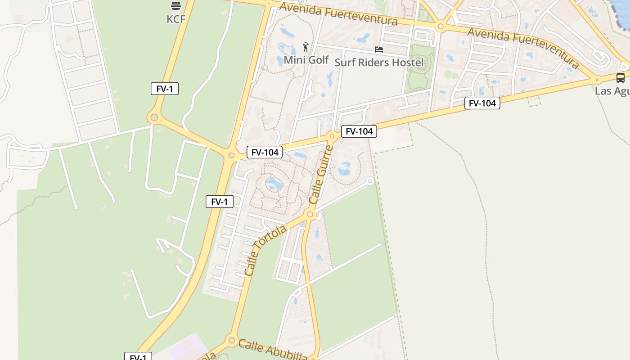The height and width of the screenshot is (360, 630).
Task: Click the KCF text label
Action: pyautogui.click(x=176, y=19)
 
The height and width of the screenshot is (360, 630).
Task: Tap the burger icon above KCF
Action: pyautogui.click(x=176, y=6)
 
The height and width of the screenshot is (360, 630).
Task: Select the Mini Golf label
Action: pyautogui.click(x=306, y=60)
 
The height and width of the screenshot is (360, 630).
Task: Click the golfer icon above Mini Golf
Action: pyautogui.click(x=306, y=46)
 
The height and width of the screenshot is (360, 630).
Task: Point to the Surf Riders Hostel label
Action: pyautogui.click(x=379, y=62)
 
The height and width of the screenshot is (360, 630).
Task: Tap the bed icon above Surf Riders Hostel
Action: pyautogui.click(x=379, y=49)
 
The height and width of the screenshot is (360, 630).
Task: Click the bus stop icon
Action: pyautogui.click(x=620, y=78)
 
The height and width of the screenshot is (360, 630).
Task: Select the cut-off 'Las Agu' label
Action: pyautogui.click(x=612, y=91)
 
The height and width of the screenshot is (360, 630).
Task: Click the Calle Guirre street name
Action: pyautogui.click(x=321, y=174)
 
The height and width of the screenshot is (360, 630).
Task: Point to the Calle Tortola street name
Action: pyautogui.click(x=265, y=250)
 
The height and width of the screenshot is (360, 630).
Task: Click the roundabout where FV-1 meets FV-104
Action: pyautogui.click(x=231, y=156)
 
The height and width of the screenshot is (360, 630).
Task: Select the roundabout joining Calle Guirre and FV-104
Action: pyautogui.click(x=332, y=136)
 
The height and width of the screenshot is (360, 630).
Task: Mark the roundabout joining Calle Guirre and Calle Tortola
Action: pyautogui.click(x=310, y=215)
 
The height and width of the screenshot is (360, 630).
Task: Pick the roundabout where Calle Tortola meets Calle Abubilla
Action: pyautogui.click(x=232, y=340)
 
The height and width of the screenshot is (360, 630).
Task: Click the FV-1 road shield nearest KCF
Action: pyautogui.click(x=165, y=89)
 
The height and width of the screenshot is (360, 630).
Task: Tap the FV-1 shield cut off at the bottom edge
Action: pyautogui.click(x=138, y=356)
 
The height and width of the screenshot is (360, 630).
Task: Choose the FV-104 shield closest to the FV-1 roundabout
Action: pyautogui.click(x=265, y=152)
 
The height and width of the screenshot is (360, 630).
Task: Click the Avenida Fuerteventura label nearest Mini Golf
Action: pyautogui.click(x=338, y=13)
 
